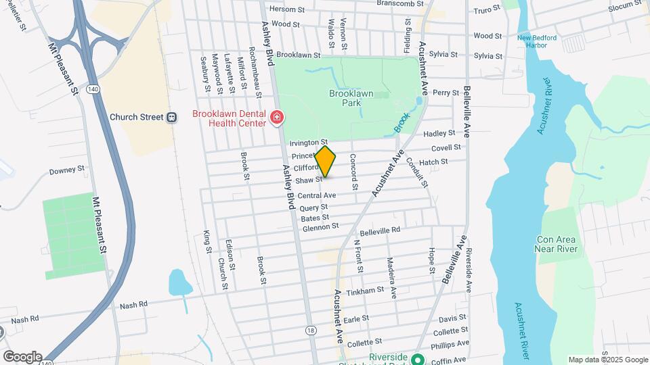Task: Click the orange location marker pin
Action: coord(325,162)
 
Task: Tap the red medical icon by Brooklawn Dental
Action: coord(276,119)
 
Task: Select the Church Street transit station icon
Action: coord(172,117)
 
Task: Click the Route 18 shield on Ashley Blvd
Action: coord(310,329)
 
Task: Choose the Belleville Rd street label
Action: coord(380,230)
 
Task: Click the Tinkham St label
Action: coord(365,291)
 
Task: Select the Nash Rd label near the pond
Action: coord(133,306)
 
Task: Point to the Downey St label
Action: coord(67,170)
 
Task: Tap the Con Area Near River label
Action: coord(557,244)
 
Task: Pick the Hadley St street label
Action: coord(439,134)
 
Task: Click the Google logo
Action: coord(22,356)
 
